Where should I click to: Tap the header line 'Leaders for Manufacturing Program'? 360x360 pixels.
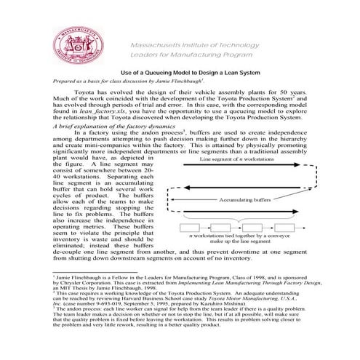pyautogui.click(x=191, y=55)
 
